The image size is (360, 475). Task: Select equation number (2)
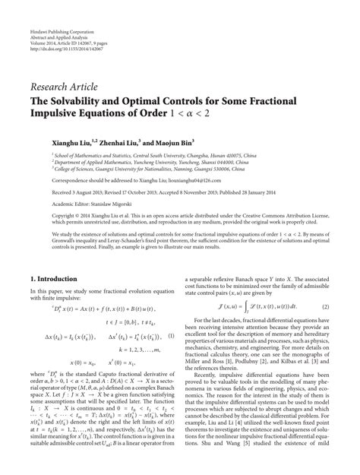324,306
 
